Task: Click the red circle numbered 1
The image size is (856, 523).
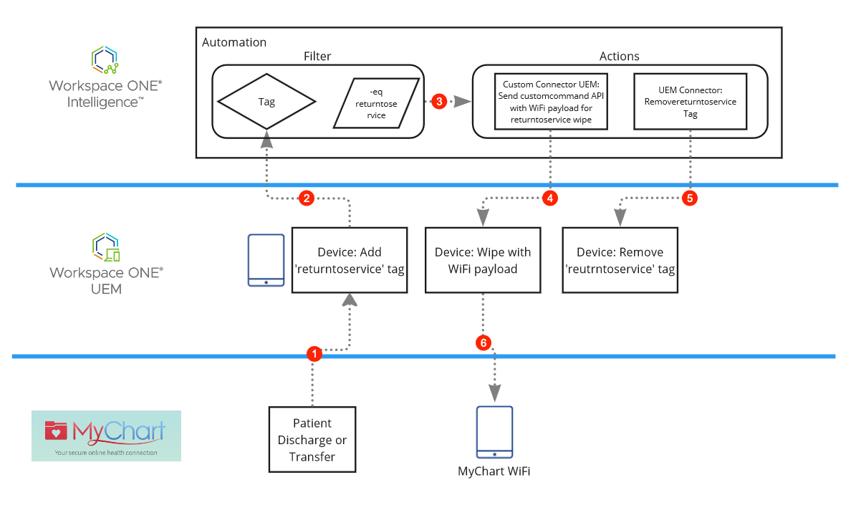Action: point(313,353)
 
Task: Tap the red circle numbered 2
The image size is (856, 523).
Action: point(307,198)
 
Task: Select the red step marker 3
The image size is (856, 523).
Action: point(440,102)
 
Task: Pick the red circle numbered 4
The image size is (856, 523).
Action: point(549,198)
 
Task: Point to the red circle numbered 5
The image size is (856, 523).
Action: point(690,198)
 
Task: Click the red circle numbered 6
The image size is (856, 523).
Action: point(484,343)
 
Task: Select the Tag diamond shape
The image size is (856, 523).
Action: point(266,102)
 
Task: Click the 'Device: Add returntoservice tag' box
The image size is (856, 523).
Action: point(350,261)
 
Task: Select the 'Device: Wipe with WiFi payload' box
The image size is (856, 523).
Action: point(483,261)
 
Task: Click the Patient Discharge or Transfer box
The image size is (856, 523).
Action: point(312,440)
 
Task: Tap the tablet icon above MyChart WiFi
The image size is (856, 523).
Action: point(495,432)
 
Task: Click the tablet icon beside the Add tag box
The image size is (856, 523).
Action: point(266,260)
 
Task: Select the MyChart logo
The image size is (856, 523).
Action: point(106,436)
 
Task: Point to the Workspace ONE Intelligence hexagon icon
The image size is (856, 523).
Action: point(105,60)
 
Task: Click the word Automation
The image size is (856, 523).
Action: point(234,42)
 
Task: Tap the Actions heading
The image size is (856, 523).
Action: point(619,56)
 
